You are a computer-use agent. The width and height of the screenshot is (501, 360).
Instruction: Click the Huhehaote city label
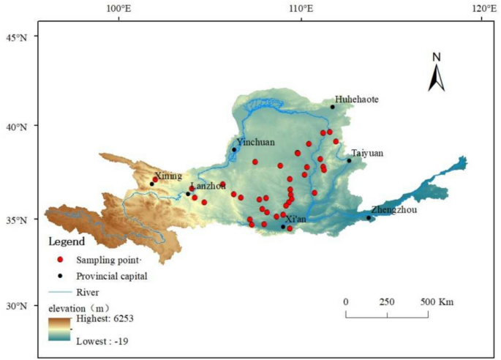tap(357, 99)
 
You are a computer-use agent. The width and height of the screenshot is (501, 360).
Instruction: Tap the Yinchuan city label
tap(256, 142)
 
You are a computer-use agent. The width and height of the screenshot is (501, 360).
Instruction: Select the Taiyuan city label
tap(367, 153)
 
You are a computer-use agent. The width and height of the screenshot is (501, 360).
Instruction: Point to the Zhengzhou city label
tap(393, 209)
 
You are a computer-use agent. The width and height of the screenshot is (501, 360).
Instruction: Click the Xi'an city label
tap(296, 219)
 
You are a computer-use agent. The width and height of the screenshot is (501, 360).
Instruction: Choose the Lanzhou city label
tap(208, 186)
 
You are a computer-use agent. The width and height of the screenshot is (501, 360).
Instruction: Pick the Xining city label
tap(167, 176)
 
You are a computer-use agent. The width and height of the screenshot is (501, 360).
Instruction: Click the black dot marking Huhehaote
tap(332, 107)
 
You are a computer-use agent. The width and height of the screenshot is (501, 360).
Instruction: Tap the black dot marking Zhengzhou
tap(369, 217)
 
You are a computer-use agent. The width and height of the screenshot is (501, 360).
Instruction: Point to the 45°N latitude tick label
tap(18, 37)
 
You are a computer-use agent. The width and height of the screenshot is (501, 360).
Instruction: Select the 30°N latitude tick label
tap(18, 306)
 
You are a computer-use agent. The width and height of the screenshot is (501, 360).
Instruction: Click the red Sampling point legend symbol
tap(61, 260)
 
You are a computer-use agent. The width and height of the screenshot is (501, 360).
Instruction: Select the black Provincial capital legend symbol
tap(61, 276)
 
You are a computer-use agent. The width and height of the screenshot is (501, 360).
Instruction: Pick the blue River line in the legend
tap(61, 292)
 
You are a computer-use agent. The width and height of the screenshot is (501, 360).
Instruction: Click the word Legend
tap(67, 241)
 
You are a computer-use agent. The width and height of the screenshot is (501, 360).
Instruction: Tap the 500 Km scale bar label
tap(438, 301)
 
